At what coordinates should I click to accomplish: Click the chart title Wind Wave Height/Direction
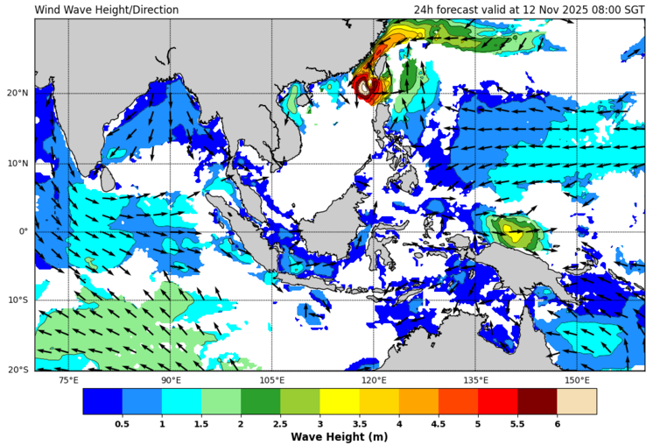[x=107, y=10]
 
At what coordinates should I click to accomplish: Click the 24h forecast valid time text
[x=530, y=10]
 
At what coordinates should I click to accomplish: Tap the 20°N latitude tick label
[x=18, y=94]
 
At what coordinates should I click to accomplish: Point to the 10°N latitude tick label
[x=18, y=163]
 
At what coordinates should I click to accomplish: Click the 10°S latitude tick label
[x=18, y=301]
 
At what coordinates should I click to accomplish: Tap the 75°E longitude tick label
[x=68, y=380]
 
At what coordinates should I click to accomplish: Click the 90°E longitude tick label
[x=171, y=380]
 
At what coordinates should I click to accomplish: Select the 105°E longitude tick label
[x=272, y=380]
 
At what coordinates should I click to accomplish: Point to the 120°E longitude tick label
[x=374, y=380]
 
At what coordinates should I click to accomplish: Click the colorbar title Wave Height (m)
[x=339, y=436]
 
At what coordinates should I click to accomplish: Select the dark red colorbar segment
[x=537, y=401]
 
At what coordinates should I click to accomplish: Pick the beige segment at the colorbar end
[x=576, y=401]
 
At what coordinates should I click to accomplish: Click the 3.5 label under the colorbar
[x=359, y=423]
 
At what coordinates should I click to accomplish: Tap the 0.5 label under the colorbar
[x=123, y=423]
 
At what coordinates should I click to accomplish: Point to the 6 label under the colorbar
[x=557, y=423]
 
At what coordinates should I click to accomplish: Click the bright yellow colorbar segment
[x=340, y=401]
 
